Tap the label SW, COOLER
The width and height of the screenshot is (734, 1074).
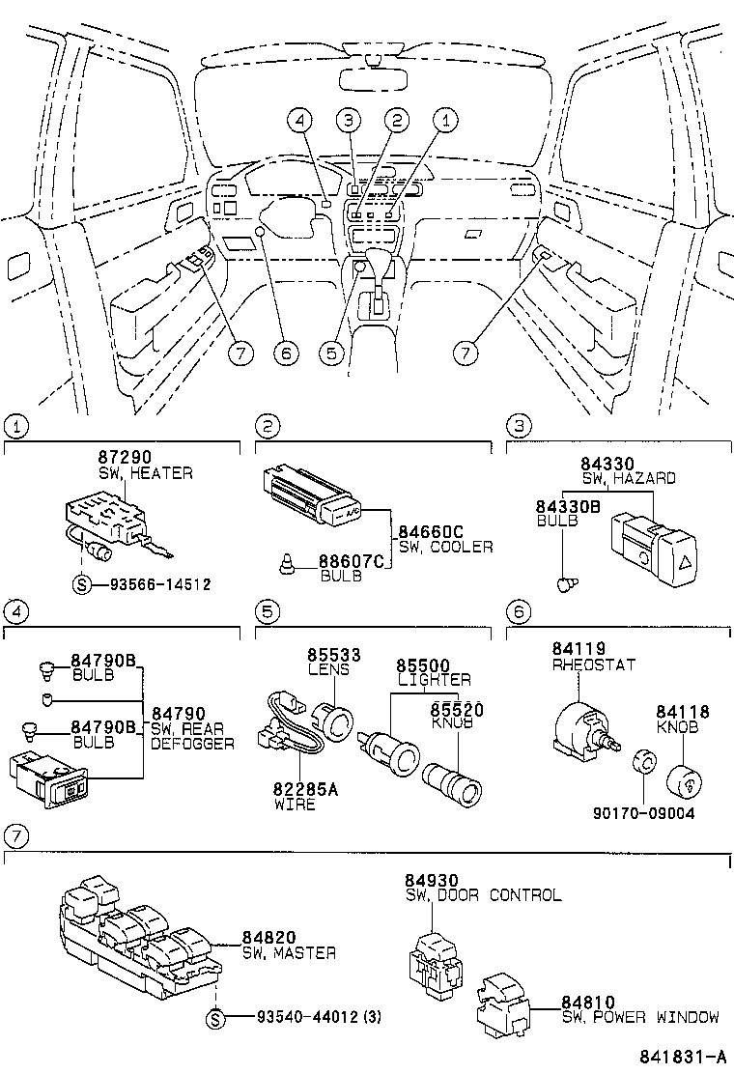tap(445, 547)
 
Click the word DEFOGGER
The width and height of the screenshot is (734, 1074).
tap(192, 744)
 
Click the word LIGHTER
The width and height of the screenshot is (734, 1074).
tap(435, 680)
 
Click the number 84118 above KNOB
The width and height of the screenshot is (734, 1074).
tap(684, 712)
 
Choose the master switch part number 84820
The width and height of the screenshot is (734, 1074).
tap(268, 938)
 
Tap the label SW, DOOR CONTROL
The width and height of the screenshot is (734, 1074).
tap(483, 895)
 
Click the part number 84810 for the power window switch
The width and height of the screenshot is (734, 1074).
tap(589, 1003)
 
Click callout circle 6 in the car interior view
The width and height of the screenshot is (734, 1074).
tap(284, 353)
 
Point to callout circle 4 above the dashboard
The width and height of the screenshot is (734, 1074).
tap(300, 121)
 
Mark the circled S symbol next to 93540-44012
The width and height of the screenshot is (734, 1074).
tap(216, 1017)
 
